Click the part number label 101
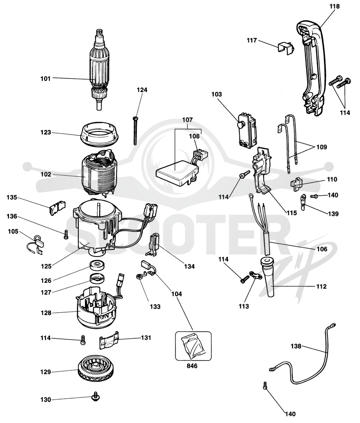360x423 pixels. (45, 78)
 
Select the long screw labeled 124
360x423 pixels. (135, 131)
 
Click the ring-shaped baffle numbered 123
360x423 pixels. (99, 134)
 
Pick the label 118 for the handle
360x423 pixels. (334, 6)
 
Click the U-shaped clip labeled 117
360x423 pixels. (285, 48)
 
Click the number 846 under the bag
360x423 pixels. (192, 366)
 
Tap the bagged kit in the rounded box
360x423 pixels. (193, 346)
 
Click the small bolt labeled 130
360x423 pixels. (95, 396)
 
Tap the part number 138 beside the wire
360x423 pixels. (296, 346)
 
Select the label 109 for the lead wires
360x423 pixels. (321, 147)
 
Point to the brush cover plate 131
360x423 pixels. (109, 339)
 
